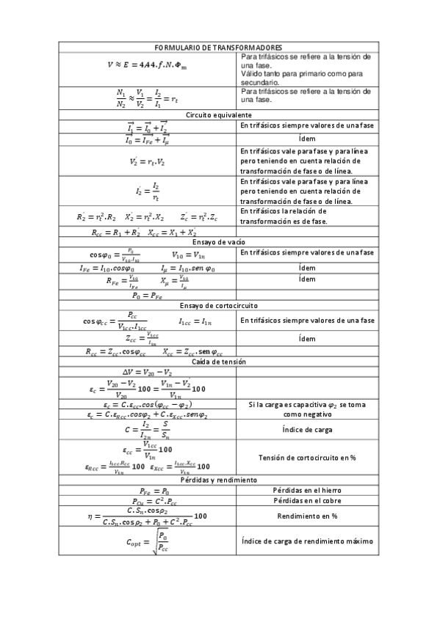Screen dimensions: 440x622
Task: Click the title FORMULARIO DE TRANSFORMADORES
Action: pos(219,46)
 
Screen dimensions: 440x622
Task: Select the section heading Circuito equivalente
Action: pos(219,116)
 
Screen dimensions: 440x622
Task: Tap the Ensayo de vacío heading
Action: pos(219,242)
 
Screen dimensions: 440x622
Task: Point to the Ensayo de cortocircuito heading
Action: pos(219,305)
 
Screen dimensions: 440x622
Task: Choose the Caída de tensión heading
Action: pos(219,362)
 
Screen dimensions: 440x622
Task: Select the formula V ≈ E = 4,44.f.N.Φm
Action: pos(147,65)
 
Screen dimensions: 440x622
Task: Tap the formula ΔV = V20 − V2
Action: pos(148,372)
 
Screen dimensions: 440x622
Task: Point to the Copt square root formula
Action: pos(148,542)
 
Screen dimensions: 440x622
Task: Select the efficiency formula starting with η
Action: pos(147,516)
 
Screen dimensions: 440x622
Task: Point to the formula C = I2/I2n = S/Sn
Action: pos(148,429)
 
